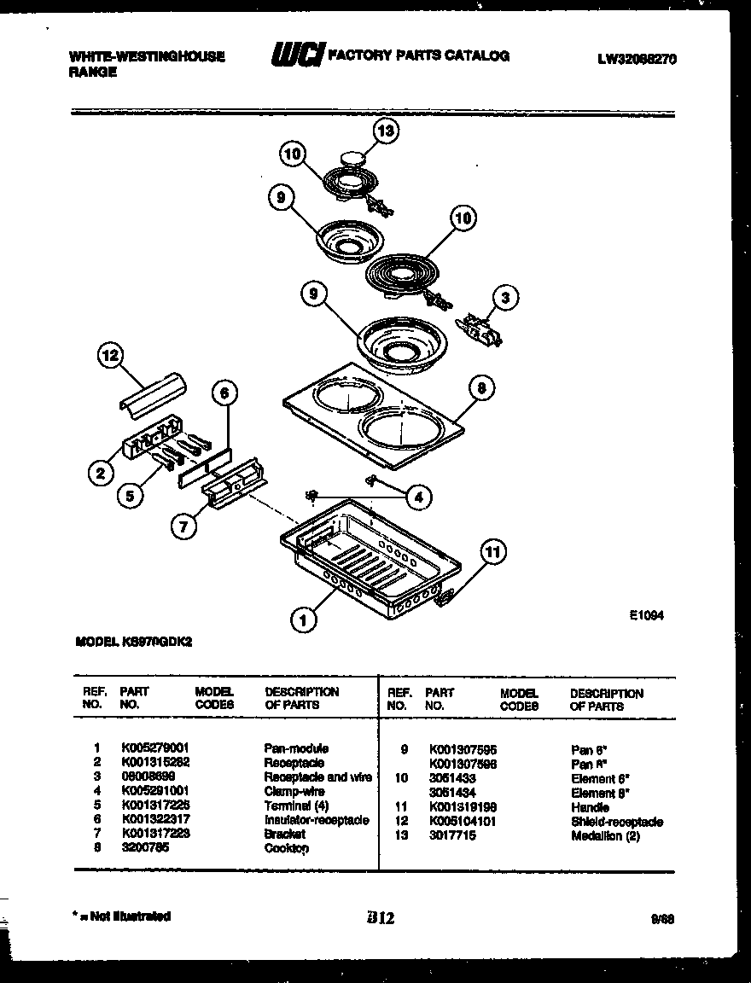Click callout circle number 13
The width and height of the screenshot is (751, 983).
386,131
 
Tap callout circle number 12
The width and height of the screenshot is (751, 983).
111,357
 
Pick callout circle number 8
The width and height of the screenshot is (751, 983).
481,389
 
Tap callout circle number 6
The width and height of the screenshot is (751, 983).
224,394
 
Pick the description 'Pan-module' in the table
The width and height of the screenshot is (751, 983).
296,747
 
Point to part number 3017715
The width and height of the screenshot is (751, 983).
452,836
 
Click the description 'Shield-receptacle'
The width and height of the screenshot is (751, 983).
616,822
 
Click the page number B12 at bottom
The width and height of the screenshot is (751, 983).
380,918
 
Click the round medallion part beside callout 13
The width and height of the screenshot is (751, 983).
352,157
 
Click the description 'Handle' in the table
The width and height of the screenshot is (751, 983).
591,807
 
